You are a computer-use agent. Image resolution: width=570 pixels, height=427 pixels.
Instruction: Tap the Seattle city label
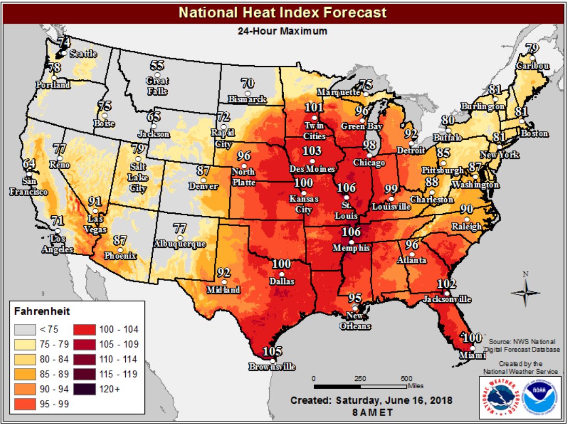83,53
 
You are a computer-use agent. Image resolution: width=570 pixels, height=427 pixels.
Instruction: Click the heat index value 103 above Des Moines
312,151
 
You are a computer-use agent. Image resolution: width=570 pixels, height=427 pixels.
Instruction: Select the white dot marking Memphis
352,242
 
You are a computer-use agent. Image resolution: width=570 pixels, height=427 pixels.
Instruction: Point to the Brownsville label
272,367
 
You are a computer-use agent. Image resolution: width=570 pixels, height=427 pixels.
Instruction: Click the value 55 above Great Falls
157,65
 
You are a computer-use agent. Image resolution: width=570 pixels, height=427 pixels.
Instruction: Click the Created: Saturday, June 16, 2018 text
371,400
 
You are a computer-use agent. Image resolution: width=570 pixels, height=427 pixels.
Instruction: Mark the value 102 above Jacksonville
446,284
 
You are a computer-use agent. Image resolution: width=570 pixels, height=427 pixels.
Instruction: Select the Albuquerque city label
180,243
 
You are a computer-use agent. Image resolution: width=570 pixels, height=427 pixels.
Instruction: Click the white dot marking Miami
472,347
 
